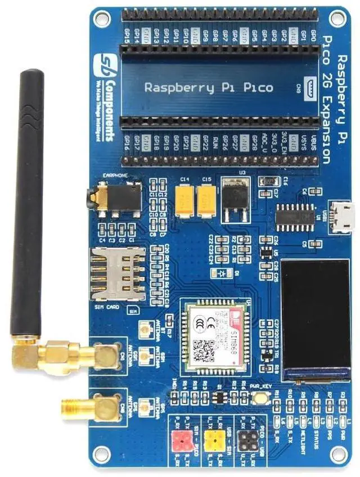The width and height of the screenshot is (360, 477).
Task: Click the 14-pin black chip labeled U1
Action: pyautogui.click(x=295, y=217)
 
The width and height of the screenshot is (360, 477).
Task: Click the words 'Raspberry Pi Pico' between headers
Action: pyautogui.click(x=209, y=88)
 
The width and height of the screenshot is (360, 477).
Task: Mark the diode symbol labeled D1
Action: pyautogui.click(x=223, y=273)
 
